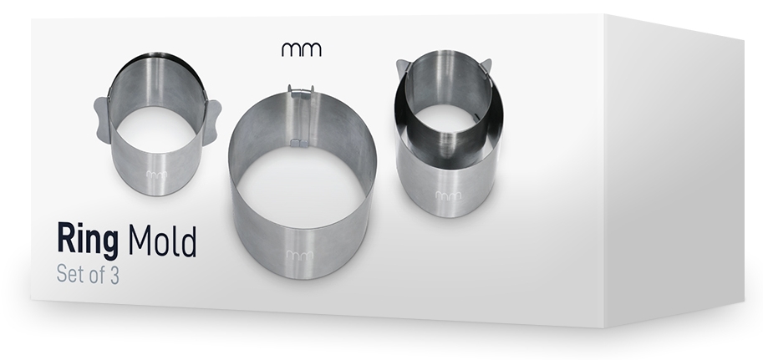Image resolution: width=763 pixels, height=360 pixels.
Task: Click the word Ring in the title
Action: [88, 240]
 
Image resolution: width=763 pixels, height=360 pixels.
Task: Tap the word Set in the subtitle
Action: [69, 274]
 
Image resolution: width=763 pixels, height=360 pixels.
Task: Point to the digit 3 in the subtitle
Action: [114, 276]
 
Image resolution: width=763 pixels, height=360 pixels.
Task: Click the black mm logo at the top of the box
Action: [301, 49]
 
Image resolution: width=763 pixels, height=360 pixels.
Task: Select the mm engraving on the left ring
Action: [156, 175]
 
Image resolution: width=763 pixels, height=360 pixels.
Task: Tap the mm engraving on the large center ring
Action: [300, 255]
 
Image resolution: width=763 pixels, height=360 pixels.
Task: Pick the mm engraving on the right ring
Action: [448, 195]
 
